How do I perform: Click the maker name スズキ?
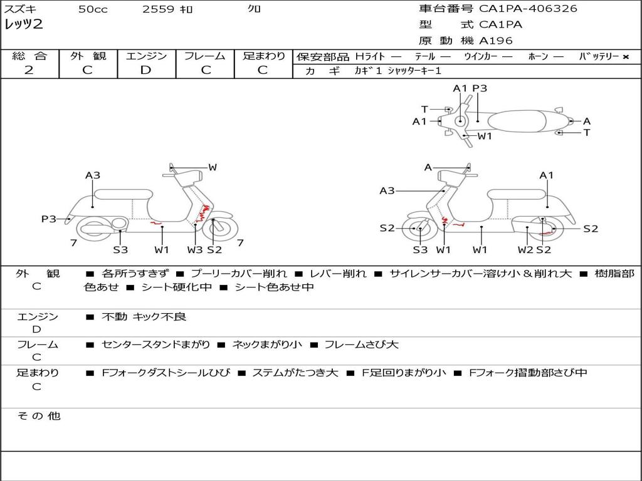pos(20,9)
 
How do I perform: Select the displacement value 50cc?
pos(93,9)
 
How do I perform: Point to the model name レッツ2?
pos(23,25)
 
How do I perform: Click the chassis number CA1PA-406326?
pos(528,9)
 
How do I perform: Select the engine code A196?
pos(496,41)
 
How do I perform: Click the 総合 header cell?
pos(29,56)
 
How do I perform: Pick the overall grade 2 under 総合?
pos(29,70)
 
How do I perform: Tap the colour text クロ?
pos(255,9)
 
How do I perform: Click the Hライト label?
pos(370,56)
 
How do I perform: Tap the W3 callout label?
pos(195,250)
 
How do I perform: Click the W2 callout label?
pos(525,250)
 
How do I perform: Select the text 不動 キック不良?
pos(144,317)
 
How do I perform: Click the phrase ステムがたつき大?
pos(295,373)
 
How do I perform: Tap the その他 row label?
pos(38,416)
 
